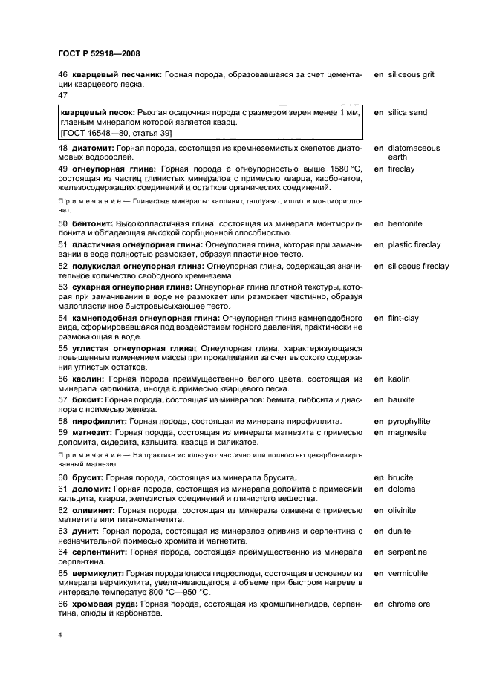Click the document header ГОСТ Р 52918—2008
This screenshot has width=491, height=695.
point(99,53)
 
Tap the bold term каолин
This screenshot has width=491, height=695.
point(88,379)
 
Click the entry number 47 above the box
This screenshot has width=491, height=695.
point(62,95)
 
